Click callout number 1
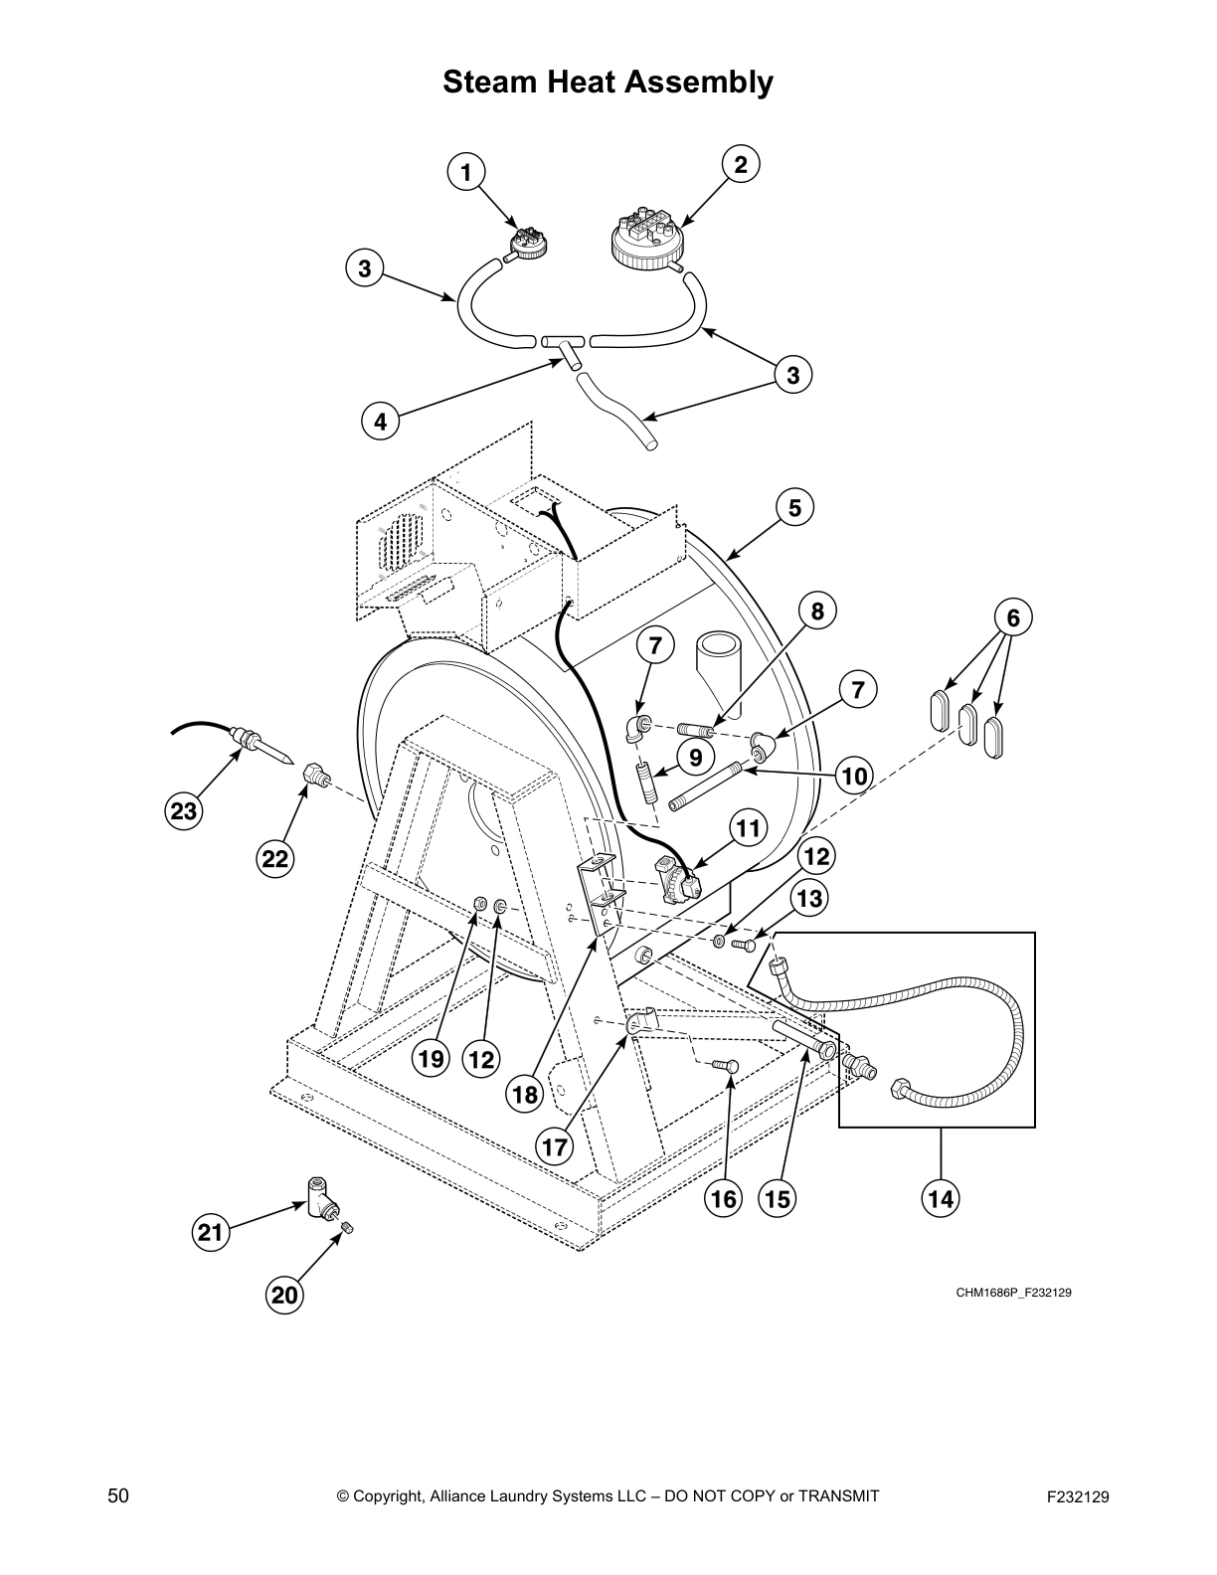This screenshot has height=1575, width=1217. point(464,173)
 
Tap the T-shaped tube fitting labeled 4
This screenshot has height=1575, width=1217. point(567,349)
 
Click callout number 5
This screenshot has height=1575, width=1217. point(794,508)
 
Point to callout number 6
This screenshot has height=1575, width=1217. point(1013,618)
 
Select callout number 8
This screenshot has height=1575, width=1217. point(817,612)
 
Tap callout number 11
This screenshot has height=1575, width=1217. point(749,827)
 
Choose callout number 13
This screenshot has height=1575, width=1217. point(810,899)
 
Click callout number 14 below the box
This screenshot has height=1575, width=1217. point(941,1199)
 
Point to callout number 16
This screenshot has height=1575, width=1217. point(724,1199)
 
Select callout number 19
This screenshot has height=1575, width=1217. point(431,1059)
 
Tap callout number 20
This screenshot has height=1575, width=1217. point(284,1295)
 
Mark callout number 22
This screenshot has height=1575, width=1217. point(275,858)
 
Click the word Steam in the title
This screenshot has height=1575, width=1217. point(489,82)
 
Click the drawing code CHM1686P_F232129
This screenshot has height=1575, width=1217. point(1013,1294)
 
